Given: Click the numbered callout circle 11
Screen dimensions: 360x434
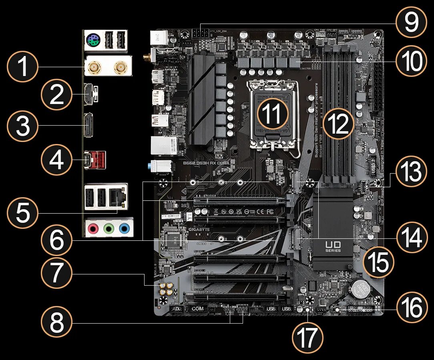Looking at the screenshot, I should coord(273,113).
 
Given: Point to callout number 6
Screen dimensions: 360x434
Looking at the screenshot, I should coord(56,242).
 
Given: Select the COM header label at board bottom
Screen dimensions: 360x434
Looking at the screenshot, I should coord(197,309).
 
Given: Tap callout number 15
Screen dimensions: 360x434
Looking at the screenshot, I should coord(378,262).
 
